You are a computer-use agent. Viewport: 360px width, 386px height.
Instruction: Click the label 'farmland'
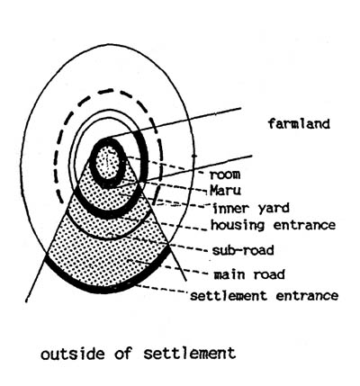pyautogui.click(x=299, y=123)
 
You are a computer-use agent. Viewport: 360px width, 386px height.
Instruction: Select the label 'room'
pyautogui.click(x=225, y=175)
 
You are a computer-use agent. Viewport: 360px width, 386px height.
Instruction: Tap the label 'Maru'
pyautogui.click(x=225, y=190)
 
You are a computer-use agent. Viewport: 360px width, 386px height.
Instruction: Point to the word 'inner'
pyautogui.click(x=230, y=208)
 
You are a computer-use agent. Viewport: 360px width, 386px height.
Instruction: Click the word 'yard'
pyautogui.click(x=273, y=209)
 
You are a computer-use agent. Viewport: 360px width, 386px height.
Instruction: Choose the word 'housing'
pyautogui.click(x=238, y=225)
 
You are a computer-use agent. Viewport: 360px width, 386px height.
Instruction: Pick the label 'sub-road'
pyautogui.click(x=243, y=250)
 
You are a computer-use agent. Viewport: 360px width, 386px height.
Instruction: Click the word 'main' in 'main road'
pyautogui.click(x=229, y=274)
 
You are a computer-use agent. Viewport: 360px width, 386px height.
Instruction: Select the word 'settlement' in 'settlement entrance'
pyautogui.click(x=229, y=296)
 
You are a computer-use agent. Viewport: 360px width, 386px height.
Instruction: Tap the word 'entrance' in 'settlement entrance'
pyautogui.click(x=307, y=296)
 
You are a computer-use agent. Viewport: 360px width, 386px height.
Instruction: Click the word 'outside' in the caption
pyautogui.click(x=73, y=354)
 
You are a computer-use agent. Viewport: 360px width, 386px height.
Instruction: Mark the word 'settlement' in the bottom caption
pyautogui.click(x=190, y=354)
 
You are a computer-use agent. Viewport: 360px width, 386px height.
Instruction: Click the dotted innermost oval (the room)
pyautogui.click(x=107, y=162)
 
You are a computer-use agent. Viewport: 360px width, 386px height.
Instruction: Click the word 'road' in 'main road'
pyautogui.click(x=269, y=274)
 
